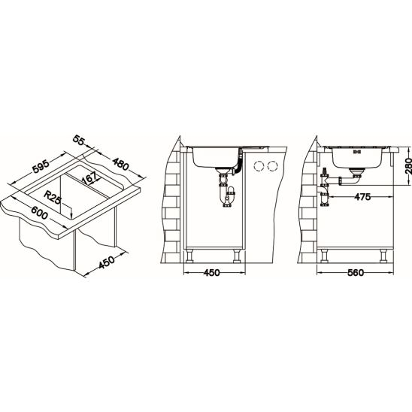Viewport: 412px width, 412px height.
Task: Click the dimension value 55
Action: [78, 140]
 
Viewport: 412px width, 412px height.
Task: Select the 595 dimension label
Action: [41, 167]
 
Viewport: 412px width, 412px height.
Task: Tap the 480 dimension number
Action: [120, 164]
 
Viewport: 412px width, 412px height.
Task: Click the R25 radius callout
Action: [53, 197]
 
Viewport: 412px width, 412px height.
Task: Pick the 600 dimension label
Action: [39, 212]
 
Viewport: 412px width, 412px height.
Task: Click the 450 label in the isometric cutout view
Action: [107, 262]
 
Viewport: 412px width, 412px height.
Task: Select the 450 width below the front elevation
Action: [211, 273]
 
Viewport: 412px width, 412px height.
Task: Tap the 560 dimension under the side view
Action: [356, 273]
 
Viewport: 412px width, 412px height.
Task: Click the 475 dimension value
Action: [362, 197]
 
